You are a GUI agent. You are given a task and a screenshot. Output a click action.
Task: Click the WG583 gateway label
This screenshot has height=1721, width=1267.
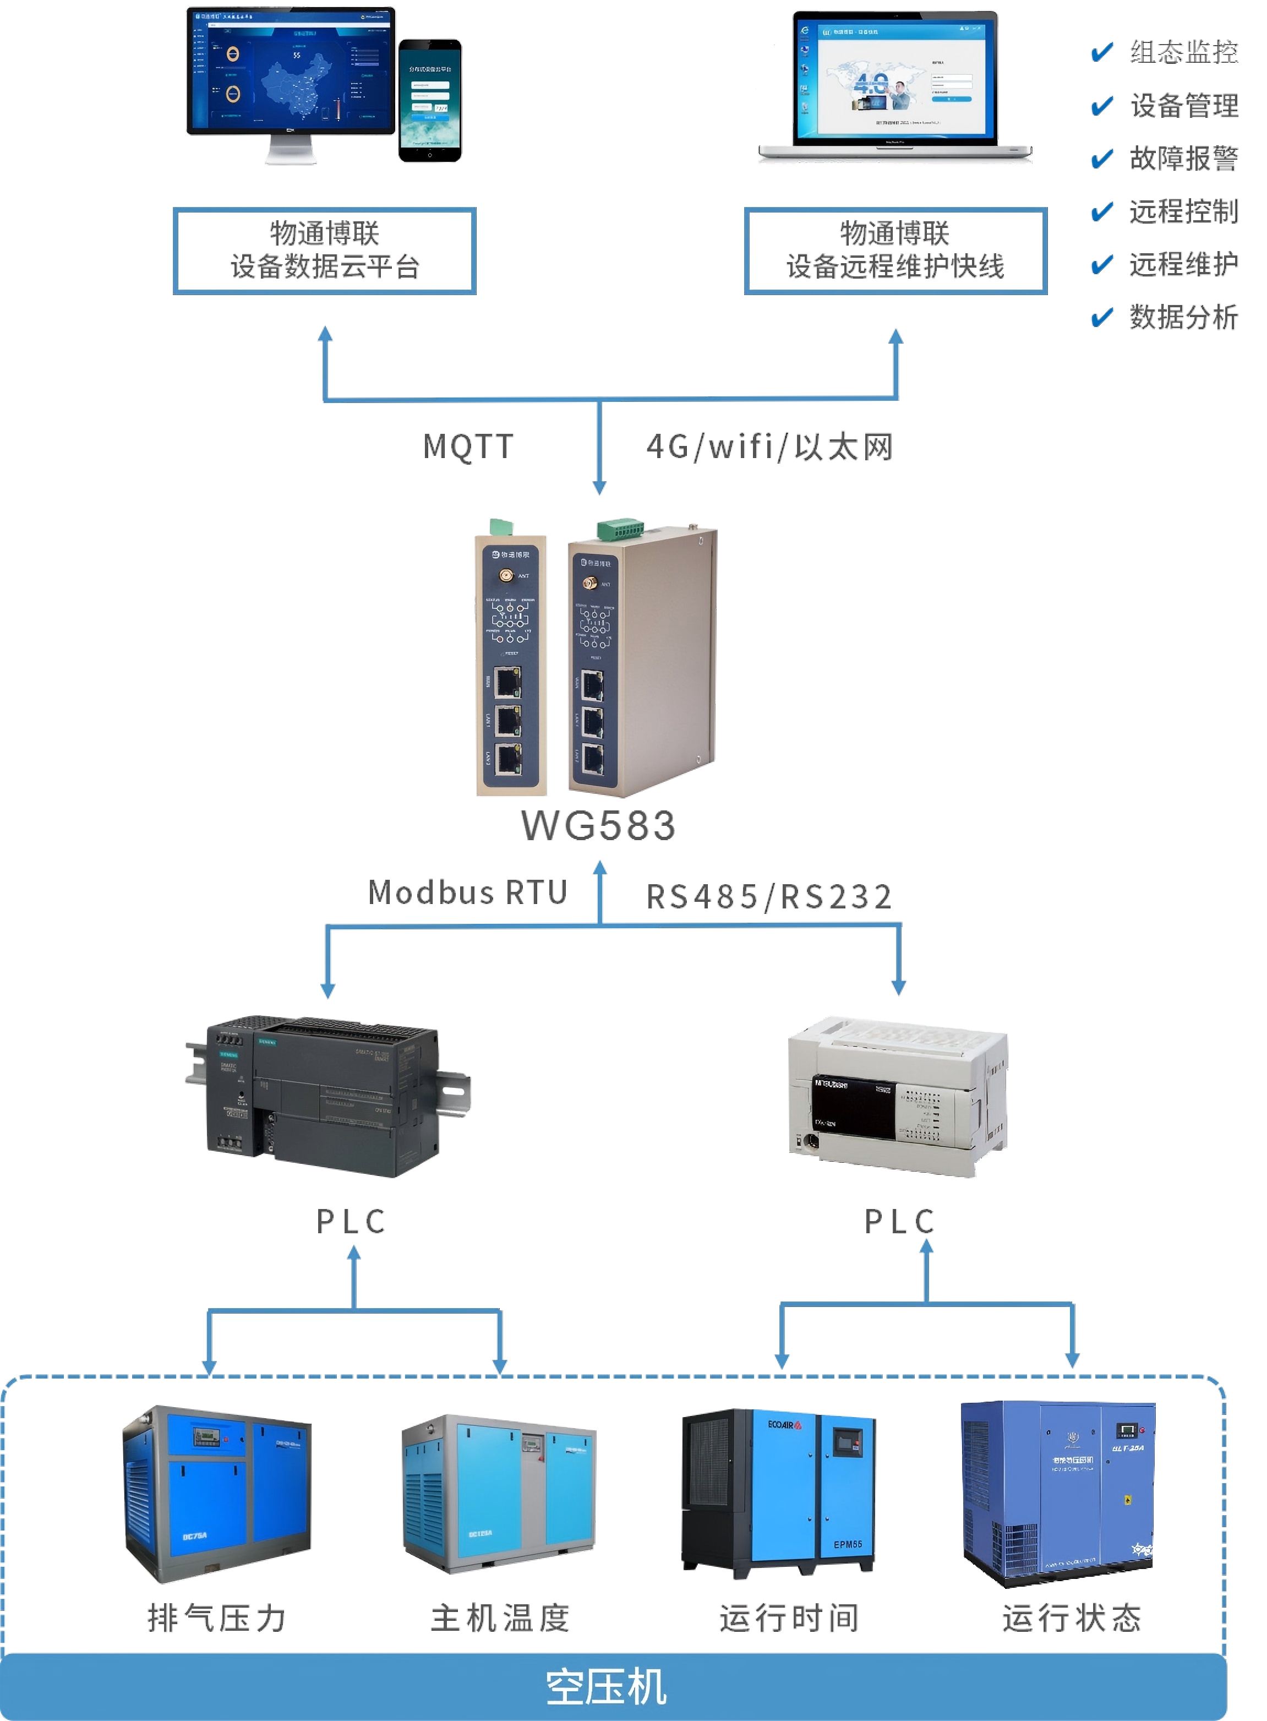pyautogui.click(x=598, y=825)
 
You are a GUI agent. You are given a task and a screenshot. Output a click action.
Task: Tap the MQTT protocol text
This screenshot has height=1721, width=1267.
pyautogui.click(x=468, y=446)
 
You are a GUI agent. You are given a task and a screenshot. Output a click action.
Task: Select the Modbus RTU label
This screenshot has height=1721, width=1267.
pyautogui.click(x=467, y=893)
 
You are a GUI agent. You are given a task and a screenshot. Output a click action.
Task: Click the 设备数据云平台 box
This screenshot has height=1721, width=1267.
pyautogui.click(x=324, y=251)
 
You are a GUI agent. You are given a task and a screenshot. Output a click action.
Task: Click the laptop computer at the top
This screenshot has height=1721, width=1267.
pyautogui.click(x=895, y=86)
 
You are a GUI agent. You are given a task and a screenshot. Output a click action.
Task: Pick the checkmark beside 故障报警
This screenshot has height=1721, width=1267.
pyautogui.click(x=1101, y=159)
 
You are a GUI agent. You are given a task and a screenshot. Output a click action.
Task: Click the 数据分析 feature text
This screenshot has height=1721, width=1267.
pyautogui.click(x=1183, y=317)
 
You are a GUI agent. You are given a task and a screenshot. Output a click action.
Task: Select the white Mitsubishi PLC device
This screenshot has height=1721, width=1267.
pyautogui.click(x=897, y=1097)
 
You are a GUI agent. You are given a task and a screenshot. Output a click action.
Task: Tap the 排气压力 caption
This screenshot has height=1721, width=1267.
pyautogui.click(x=217, y=1618)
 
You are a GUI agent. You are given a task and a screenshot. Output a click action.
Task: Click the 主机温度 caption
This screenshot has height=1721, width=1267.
pyautogui.click(x=500, y=1618)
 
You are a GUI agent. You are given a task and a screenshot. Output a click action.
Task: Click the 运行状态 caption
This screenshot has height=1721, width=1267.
pyautogui.click(x=1072, y=1618)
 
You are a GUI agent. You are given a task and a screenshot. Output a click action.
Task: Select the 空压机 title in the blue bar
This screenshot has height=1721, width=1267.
pyautogui.click(x=606, y=1687)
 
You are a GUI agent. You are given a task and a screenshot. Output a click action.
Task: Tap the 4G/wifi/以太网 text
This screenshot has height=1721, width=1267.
pyautogui.click(x=769, y=446)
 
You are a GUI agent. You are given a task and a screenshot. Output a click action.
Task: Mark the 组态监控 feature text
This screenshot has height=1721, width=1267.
pyautogui.click(x=1183, y=52)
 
